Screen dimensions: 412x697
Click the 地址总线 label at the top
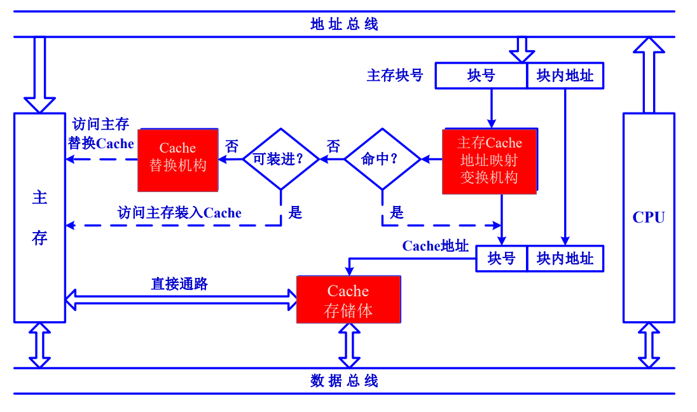pos(344,25)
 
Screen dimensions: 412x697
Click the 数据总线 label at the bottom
pos(344,381)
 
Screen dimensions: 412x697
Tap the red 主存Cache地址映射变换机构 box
pos(490,160)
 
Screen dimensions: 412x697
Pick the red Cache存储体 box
pos(348,300)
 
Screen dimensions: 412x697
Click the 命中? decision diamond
pos(382,159)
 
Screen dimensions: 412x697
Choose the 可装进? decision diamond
pos(280,159)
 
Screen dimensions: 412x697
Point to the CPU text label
pos(649,217)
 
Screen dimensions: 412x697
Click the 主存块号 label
pos(395,76)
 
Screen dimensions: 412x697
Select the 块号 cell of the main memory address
pos(481,76)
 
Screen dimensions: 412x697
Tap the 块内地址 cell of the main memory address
pos(565,76)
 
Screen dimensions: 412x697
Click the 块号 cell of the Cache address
pos(501,259)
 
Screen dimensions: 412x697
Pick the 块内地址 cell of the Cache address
pos(565,259)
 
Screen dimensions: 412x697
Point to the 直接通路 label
pos(179,284)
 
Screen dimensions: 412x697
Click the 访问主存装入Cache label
pos(180,212)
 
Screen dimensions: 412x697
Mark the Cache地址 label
pos(436,246)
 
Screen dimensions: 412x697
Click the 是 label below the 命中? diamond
pos(397,212)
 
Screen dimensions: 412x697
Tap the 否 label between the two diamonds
pos(333,146)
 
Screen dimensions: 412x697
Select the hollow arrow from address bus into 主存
pos(39,74)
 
